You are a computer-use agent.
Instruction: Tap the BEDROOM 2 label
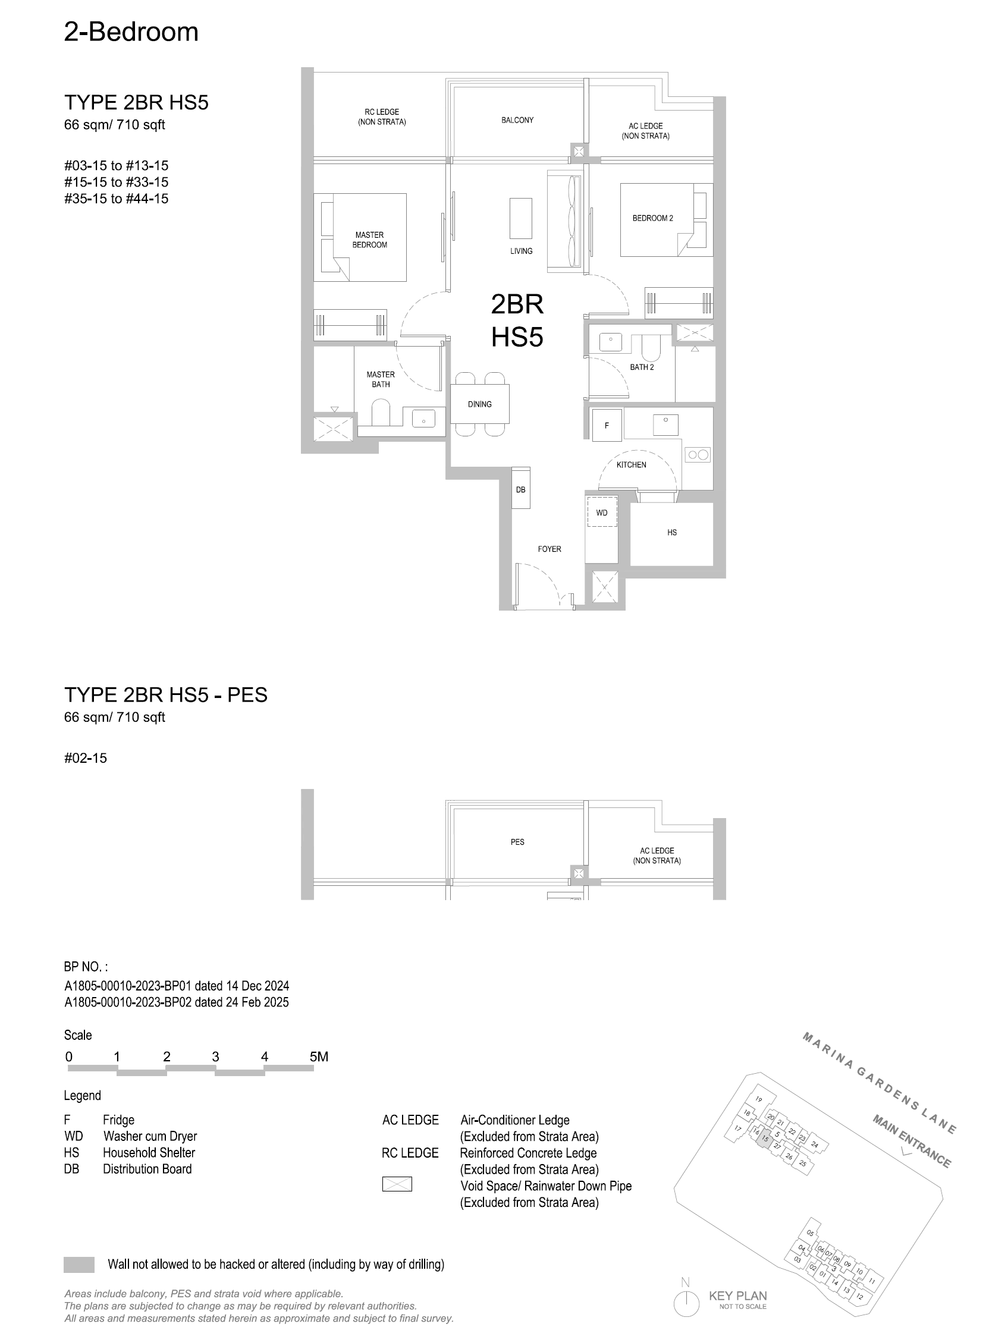[x=652, y=218]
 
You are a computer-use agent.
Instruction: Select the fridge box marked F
[x=607, y=426]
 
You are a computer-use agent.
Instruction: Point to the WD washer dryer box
[x=602, y=512]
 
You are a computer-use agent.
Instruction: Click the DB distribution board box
[x=521, y=488]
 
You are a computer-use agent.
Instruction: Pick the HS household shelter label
[x=672, y=532]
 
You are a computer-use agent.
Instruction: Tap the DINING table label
[x=479, y=404]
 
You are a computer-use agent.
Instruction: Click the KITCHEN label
[x=632, y=465]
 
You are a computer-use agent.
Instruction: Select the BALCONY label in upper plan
[x=517, y=120]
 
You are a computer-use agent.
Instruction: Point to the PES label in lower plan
[x=517, y=842]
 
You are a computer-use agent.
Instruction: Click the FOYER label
[x=549, y=549]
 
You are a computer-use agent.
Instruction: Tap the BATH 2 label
[x=642, y=367]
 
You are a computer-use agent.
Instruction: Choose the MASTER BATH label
[x=380, y=379]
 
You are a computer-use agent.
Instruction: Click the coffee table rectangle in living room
[x=521, y=218]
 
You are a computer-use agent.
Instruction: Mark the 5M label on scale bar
[x=319, y=1057]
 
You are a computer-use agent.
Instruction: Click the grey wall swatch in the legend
[x=78, y=1265]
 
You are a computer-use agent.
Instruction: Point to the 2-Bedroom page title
[x=131, y=32]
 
